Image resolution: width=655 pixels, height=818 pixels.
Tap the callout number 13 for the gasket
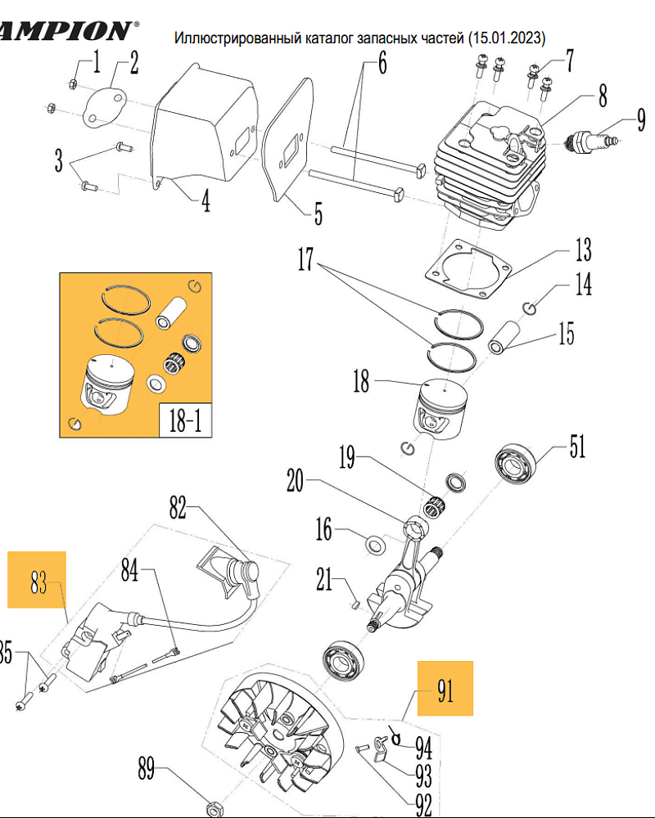584,249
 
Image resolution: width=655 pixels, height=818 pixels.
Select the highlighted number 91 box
445,689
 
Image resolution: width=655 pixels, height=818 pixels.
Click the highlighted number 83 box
37,580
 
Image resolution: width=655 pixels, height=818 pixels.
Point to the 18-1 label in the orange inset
185,420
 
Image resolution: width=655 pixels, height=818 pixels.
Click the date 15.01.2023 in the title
507,38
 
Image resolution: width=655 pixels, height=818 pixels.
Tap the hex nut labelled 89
212,808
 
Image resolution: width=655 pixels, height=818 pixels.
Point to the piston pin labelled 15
504,338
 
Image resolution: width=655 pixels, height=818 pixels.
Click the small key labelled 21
355,605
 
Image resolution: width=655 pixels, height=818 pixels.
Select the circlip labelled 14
529,308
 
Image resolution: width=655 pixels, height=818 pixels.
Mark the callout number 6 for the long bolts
382,63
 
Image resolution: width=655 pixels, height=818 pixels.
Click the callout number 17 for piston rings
305,259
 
